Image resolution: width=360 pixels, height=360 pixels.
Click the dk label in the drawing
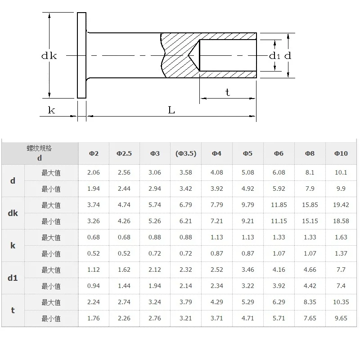tap(49, 55)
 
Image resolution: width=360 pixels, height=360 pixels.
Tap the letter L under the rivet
tap(171, 110)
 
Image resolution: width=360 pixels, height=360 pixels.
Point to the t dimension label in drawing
tap(227, 92)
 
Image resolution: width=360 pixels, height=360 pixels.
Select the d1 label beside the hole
tap(274, 55)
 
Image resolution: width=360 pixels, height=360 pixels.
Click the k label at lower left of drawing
tap(51, 110)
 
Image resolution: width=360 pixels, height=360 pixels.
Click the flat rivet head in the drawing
tap(81, 55)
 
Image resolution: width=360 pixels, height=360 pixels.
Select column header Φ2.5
tap(124, 153)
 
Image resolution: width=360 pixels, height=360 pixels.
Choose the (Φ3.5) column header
tap(186, 153)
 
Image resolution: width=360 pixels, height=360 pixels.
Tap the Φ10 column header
tap(341, 153)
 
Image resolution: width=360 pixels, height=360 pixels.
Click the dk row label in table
tap(13, 213)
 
